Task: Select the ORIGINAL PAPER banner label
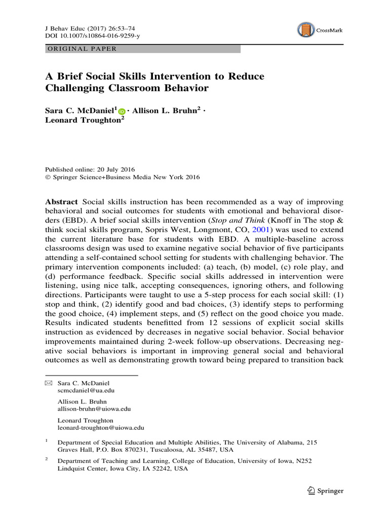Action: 82,49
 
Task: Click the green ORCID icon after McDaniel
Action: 122,111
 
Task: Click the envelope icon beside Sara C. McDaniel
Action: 49,383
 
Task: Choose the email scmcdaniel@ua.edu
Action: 86,391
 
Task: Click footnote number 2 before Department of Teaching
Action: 47,459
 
